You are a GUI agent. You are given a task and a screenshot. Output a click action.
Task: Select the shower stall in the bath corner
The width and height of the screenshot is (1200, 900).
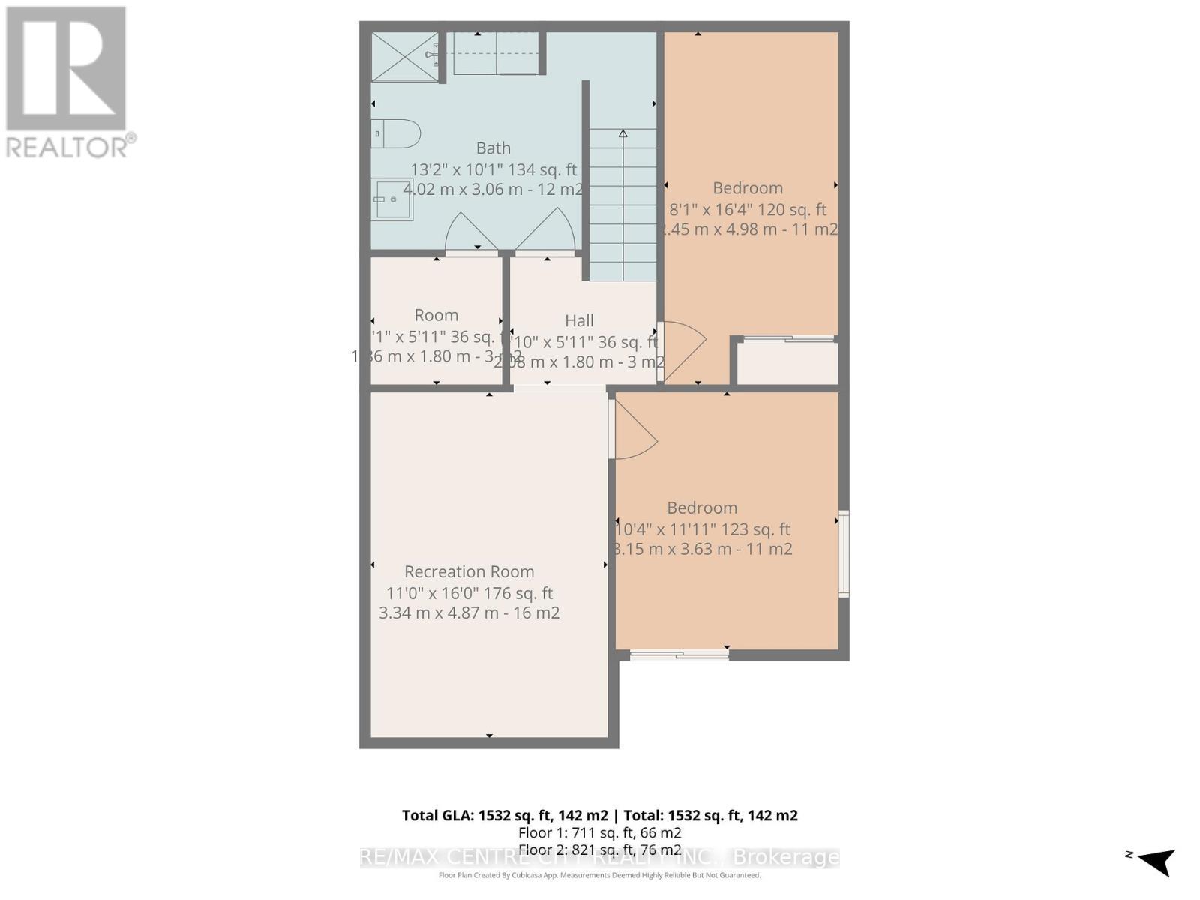pyautogui.click(x=404, y=55)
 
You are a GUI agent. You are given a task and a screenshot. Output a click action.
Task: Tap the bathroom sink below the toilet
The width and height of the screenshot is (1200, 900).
pyautogui.click(x=392, y=199)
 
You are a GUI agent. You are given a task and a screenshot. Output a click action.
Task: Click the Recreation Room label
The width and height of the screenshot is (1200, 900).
pyautogui.click(x=469, y=572)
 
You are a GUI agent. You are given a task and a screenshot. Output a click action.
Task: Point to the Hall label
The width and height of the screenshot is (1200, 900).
pyautogui.click(x=579, y=321)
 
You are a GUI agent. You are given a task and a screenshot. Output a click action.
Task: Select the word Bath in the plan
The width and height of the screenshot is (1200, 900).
pyautogui.click(x=493, y=148)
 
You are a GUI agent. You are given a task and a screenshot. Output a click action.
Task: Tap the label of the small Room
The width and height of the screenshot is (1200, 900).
pyautogui.click(x=436, y=316)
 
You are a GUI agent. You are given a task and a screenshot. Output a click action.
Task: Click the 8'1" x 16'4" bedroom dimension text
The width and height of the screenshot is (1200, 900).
pyautogui.click(x=748, y=210)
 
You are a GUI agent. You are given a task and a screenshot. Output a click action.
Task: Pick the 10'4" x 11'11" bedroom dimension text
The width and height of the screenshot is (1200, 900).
pyautogui.click(x=702, y=529)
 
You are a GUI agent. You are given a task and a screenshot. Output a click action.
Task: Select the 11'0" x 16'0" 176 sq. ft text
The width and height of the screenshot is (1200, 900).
pyautogui.click(x=469, y=593)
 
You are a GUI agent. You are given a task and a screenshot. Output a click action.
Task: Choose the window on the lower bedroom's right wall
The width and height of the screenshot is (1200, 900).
pyautogui.click(x=844, y=553)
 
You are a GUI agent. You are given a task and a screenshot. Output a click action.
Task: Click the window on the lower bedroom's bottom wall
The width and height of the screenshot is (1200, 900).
pyautogui.click(x=679, y=655)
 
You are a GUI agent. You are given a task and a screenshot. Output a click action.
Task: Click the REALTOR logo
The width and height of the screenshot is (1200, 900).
pyautogui.click(x=67, y=82)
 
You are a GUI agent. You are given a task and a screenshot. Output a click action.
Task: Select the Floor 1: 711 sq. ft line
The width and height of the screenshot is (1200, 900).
pyautogui.click(x=599, y=833)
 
